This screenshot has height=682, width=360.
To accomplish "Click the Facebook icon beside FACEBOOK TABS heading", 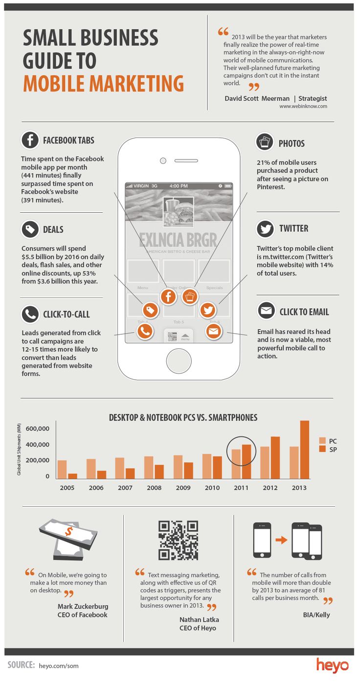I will tap(30, 140).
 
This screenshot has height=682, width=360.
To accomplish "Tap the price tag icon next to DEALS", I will tap(30, 229).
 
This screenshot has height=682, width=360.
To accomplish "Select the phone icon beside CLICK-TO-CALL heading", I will tap(30, 314).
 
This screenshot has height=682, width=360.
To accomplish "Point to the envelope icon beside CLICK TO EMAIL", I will tap(266, 311).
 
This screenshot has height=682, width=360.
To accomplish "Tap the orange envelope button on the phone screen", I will tap(213, 331).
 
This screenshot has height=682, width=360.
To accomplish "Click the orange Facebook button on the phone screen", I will tap(168, 296).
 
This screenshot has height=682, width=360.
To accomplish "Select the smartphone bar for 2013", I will tap(304, 450).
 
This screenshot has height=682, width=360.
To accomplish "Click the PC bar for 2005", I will tap(62, 470).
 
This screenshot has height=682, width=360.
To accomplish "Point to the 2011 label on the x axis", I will tap(241, 488).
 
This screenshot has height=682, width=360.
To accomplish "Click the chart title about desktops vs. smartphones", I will tap(183, 418).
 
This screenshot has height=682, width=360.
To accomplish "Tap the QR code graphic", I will tap(178, 540).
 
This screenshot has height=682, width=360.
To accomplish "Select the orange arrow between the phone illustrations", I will tap(281, 541).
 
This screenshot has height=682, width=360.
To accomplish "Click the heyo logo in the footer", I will tap(332, 665).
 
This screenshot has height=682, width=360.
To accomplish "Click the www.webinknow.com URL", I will tap(303, 106).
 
